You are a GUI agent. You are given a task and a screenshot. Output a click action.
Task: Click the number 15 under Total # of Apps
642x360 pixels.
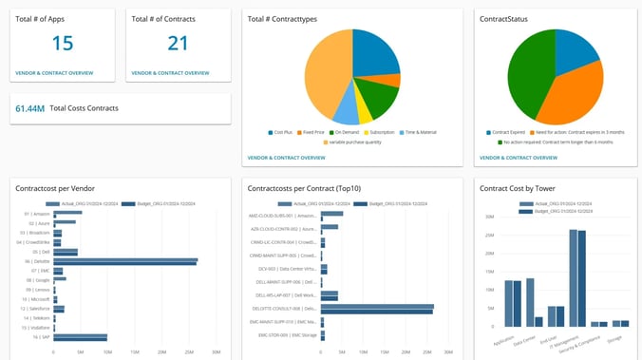pyautogui.click(x=62, y=44)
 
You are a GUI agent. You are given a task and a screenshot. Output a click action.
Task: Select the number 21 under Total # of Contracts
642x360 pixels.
pyautogui.click(x=178, y=44)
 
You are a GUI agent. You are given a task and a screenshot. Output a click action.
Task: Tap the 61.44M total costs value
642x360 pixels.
pyautogui.click(x=29, y=109)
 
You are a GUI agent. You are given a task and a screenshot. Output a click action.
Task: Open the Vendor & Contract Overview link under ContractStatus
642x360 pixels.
pyautogui.click(x=519, y=157)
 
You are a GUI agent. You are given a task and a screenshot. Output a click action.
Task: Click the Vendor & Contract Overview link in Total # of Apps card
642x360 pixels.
pyautogui.click(x=54, y=72)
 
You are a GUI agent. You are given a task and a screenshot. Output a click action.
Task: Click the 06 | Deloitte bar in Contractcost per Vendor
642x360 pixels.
pyautogui.click(x=124, y=261)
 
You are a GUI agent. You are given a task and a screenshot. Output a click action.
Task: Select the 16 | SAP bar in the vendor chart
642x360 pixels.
pyautogui.click(x=80, y=337)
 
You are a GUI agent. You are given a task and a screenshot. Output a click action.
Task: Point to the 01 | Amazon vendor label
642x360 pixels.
pyautogui.click(x=36, y=214)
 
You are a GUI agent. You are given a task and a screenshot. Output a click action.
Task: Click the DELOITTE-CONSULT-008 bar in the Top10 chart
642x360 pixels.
pyautogui.click(x=377, y=309)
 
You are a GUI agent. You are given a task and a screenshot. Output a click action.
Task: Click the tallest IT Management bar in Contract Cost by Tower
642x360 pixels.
pyautogui.click(x=574, y=278)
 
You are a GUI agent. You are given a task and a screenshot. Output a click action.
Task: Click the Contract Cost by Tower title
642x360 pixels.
pyautogui.click(x=519, y=189)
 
